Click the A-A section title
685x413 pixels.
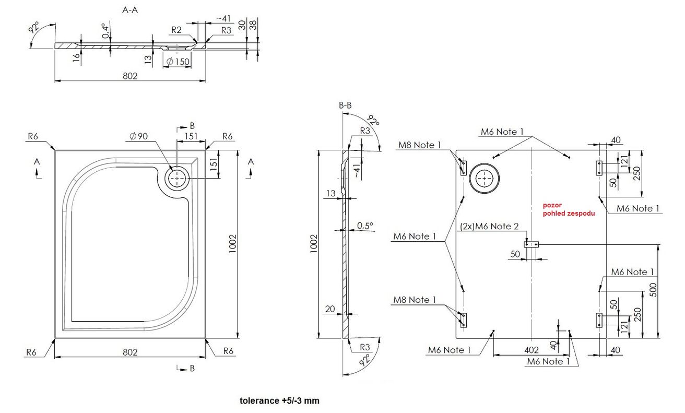pos(130,10)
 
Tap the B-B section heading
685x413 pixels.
pos(345,105)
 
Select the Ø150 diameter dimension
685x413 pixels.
pos(178,62)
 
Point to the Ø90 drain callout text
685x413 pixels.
pos(138,136)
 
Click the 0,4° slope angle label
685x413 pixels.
pos(105,31)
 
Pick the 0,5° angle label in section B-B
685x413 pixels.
pos(365,226)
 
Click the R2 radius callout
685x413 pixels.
pos(176,30)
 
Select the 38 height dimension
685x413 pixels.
pos(253,25)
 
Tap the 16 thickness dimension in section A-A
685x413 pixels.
pos(76,57)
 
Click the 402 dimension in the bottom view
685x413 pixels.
pos(532,350)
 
